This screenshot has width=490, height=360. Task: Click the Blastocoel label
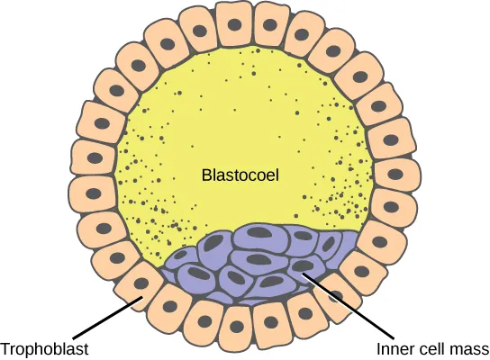coord(240,176)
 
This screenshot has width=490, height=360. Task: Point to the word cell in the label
coord(431,348)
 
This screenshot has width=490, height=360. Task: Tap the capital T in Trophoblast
coord(6,348)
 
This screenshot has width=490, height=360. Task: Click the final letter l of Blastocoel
coord(277,176)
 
